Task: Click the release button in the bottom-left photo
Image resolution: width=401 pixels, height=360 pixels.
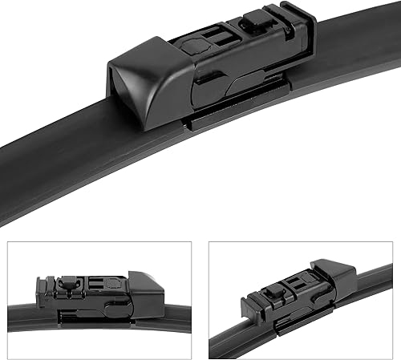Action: [x=69, y=282]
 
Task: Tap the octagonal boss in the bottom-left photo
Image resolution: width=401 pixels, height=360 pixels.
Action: [x=120, y=283]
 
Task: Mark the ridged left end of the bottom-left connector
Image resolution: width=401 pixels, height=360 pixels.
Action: [x=40, y=293]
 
